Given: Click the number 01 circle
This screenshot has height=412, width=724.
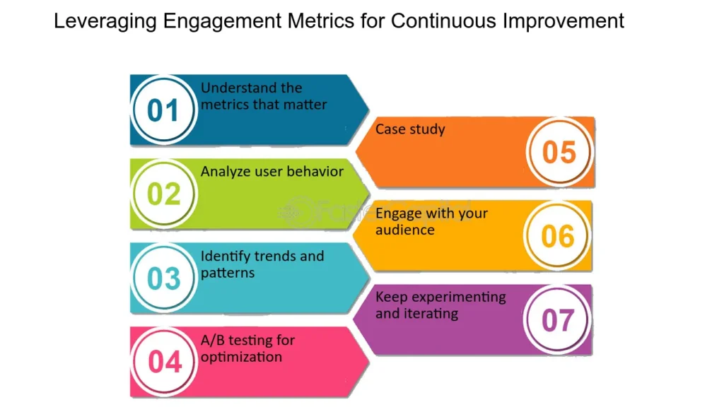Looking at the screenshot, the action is [163, 110].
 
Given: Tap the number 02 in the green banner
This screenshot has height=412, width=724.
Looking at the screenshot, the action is [163, 194].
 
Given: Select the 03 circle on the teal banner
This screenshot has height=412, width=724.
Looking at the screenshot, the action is [163, 278].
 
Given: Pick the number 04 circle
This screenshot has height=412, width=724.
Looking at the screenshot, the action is [163, 362].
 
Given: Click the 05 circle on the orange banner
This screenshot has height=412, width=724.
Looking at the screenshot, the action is [559, 152].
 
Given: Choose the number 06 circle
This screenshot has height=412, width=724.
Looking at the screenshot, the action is [558, 236].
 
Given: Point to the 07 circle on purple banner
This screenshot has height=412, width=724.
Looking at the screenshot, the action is [558, 319].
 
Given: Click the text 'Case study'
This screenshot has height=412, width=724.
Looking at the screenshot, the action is [410, 129].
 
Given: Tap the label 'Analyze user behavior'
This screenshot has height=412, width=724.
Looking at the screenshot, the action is [272, 172].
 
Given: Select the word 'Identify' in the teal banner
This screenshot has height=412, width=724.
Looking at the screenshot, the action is [221, 257].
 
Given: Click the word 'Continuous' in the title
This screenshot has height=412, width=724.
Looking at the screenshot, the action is [444, 20].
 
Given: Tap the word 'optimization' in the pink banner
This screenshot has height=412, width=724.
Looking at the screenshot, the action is [241, 358].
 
